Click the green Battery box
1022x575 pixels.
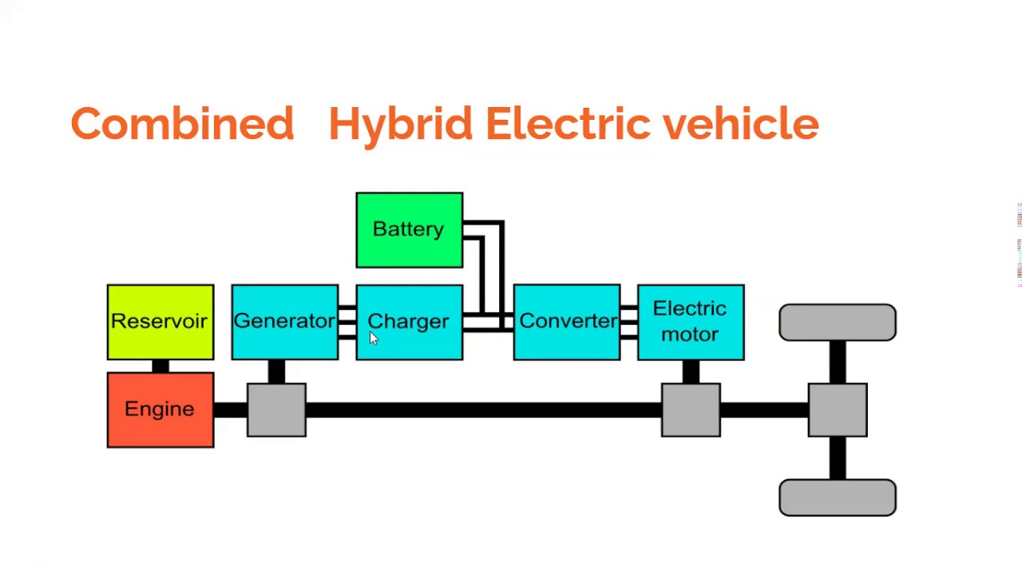point(409,230)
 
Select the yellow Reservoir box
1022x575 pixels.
point(160,322)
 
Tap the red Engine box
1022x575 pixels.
point(160,410)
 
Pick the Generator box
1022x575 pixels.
point(284,322)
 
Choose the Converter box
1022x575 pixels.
point(566,322)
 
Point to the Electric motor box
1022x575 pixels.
point(691,322)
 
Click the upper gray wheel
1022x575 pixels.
point(837,322)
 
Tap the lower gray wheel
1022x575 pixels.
point(837,498)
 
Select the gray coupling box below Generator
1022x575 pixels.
point(276,410)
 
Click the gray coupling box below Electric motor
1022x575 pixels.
point(691,410)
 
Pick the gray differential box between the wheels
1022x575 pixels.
point(837,410)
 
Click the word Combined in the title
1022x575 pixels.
point(182,125)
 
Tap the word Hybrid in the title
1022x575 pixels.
point(400,125)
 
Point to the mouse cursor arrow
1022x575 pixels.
point(373,338)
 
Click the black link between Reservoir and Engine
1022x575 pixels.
point(160,366)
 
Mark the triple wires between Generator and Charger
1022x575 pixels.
point(347,322)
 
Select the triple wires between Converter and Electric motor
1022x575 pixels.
point(628,322)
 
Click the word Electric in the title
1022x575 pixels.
point(567,125)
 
